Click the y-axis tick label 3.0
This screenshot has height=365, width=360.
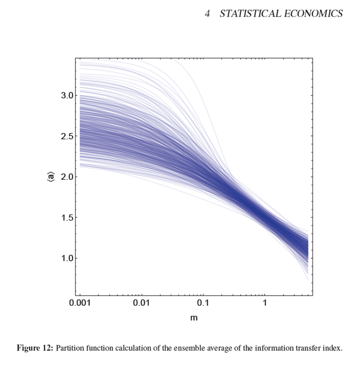click(x=68, y=95)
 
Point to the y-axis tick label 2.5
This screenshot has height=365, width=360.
click(x=68, y=136)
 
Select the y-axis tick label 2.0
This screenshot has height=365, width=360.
click(x=68, y=177)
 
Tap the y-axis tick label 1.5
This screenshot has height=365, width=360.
click(x=68, y=218)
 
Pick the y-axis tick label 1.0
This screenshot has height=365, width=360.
click(x=68, y=258)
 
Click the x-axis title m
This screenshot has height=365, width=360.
click(x=194, y=318)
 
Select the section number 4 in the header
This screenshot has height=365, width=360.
click(x=208, y=14)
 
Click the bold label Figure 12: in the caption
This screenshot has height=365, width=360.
click(x=35, y=349)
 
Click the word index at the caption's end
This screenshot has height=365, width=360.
click(x=332, y=349)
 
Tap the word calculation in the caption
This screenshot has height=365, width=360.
click(x=138, y=349)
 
